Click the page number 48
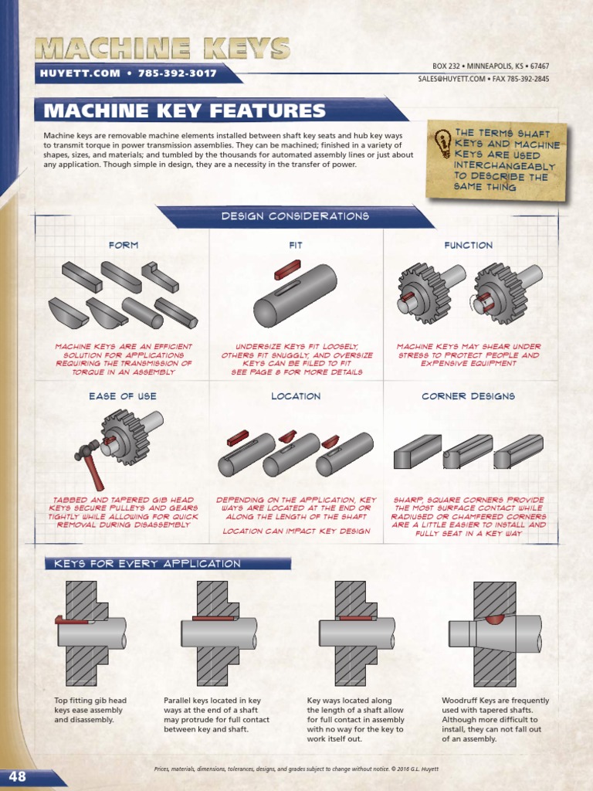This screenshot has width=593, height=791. pos(18,776)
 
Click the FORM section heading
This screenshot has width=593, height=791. pos(124,245)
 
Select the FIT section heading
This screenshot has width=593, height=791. pos(296,245)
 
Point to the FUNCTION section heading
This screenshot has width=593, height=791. pos(469,245)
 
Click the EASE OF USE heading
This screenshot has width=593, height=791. pos(123,396)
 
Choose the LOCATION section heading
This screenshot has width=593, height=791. pos(296,396)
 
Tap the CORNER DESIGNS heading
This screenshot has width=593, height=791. pos(469,396)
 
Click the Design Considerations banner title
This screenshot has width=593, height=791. pos(295,216)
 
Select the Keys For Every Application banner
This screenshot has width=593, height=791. pos(147,563)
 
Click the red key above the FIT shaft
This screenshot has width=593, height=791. pos(288,270)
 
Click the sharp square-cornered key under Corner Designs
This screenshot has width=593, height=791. pos(418,452)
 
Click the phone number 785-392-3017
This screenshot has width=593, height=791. pos(178,73)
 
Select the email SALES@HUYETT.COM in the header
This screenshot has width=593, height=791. pos(452,79)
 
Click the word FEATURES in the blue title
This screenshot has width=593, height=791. pos(268,110)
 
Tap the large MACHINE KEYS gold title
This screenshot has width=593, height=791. pos(163,49)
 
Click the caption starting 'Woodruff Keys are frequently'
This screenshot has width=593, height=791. pos(495,719)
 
